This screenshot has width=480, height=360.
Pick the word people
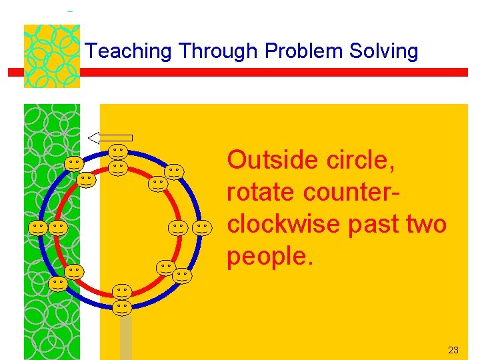click(x=269, y=256)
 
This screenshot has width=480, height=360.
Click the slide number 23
click(x=453, y=350)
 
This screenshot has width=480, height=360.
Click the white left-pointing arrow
click(x=110, y=138)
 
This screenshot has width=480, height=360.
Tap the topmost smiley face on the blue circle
click(x=119, y=153)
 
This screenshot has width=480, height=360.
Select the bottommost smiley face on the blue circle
click(x=121, y=307)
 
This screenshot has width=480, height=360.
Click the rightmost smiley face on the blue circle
click(x=203, y=228)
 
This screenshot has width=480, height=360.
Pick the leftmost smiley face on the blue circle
click(x=38, y=228)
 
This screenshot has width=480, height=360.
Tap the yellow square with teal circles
click(x=51, y=56)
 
